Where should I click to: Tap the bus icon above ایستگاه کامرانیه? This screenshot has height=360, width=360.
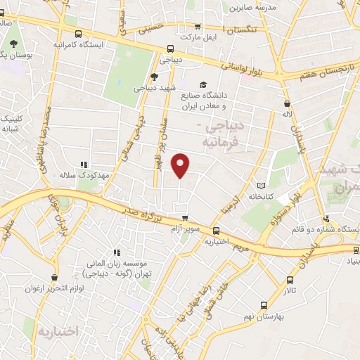click(77, 33)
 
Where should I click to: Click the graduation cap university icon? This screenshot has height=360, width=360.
click(203, 83)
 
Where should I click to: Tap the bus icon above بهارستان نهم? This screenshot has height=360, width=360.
click(264, 305)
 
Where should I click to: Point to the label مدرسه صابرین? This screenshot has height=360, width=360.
click(257, 7)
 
